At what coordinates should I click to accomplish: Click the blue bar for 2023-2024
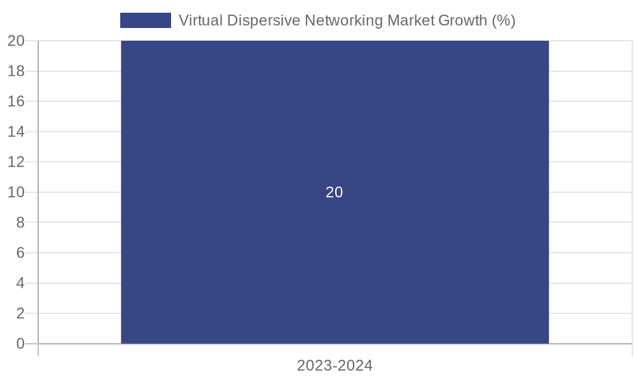click(335, 267)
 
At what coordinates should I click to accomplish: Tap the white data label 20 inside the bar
click(335, 192)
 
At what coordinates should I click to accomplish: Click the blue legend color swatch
click(146, 20)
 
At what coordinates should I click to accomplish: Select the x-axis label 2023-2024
click(335, 365)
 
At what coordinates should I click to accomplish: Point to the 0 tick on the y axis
click(20, 344)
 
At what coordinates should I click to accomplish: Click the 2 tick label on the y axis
click(20, 313)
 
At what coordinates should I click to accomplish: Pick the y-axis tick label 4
click(20, 283)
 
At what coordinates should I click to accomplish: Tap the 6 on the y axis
click(20, 253)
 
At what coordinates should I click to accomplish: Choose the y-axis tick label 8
click(20, 222)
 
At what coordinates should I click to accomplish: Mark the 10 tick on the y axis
click(17, 192)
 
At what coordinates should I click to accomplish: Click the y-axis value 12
click(17, 162)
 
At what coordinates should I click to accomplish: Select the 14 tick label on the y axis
click(17, 132)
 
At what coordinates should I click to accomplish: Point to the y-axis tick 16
click(17, 101)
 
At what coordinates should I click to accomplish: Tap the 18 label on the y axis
click(17, 71)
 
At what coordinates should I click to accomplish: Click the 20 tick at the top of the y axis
click(17, 41)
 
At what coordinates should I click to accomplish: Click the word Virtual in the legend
click(200, 20)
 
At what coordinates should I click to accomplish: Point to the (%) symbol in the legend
click(504, 20)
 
